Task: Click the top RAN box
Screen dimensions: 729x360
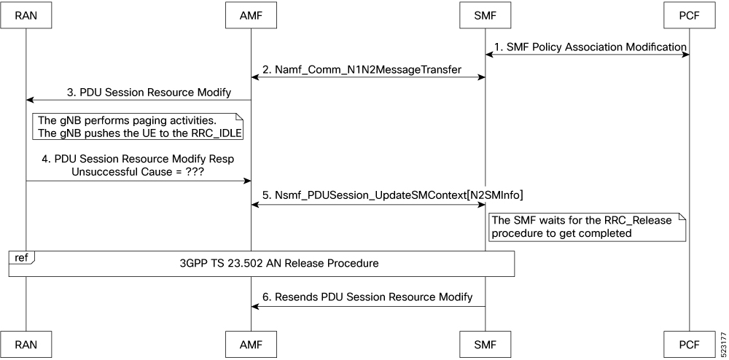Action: click(26, 15)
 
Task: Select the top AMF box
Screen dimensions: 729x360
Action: click(251, 15)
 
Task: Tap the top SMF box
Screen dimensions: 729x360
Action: click(486, 15)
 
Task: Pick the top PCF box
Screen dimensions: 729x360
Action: click(689, 15)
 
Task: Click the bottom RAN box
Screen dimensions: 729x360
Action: click(26, 344)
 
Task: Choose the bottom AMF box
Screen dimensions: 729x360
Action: click(251, 344)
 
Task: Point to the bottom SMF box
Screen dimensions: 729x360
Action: click(486, 344)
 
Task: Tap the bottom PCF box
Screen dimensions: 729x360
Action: click(689, 344)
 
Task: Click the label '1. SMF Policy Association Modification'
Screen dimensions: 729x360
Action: click(590, 47)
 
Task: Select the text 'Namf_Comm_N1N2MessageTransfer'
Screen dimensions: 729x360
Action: click(368, 70)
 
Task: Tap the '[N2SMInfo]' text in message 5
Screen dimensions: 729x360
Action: click(496, 196)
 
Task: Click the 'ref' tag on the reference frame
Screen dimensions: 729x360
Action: click(21, 257)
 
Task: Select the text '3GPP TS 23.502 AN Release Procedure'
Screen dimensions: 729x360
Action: click(279, 263)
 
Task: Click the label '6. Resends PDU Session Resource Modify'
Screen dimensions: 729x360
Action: click(367, 297)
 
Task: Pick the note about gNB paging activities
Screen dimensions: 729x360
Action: click(137, 127)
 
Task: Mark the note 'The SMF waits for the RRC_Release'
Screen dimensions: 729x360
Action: click(587, 227)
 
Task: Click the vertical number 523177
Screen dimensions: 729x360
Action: click(722, 343)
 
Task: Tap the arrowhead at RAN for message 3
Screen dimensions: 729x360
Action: click(30, 100)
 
